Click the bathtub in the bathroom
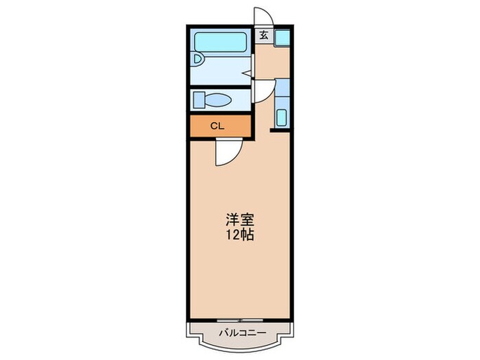221,42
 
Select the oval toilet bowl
218,100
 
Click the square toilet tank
200,100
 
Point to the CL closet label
217,126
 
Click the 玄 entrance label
263,36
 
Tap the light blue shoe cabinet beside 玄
282,38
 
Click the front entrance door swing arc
263,14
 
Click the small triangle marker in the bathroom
247,73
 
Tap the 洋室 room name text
240,220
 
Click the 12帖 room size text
240,235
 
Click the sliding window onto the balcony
240,320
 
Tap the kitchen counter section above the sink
282,88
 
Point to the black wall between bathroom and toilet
221,87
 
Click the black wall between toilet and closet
221,113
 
